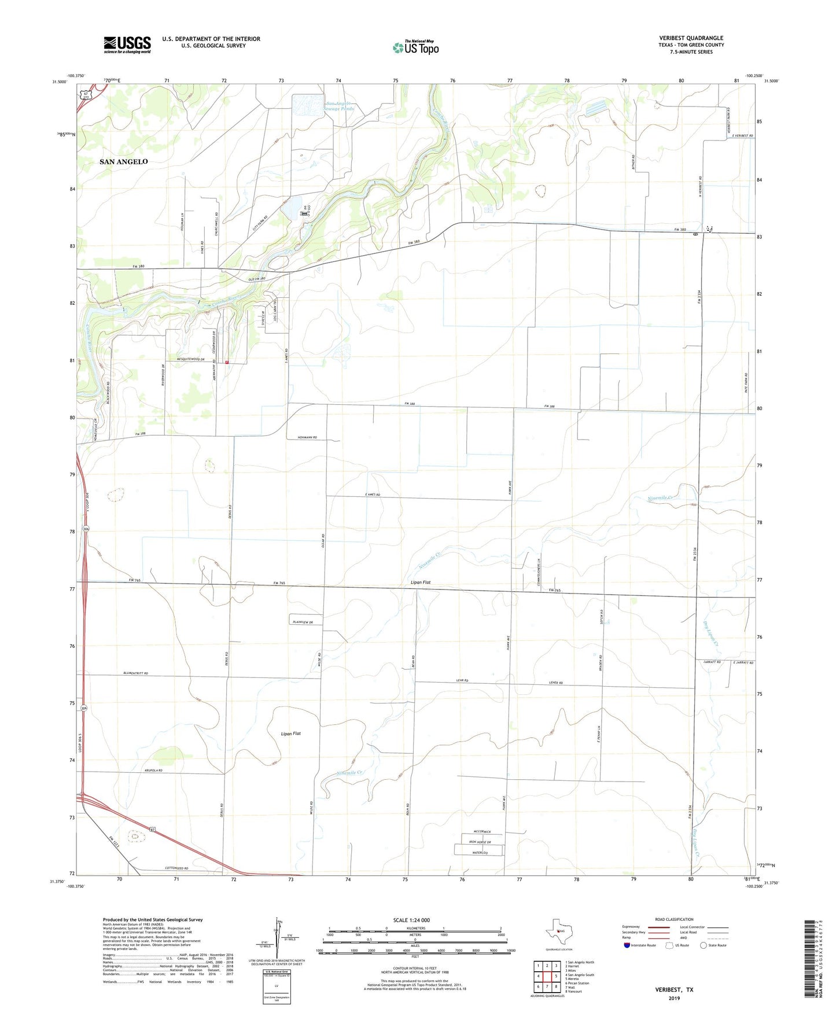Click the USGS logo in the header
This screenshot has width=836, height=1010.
127,45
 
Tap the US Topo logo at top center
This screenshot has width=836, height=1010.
415,47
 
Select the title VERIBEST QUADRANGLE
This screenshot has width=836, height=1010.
691,38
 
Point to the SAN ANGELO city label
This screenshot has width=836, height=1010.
123,162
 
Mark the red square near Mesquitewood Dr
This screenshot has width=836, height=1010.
227,363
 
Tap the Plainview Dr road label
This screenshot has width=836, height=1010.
303,622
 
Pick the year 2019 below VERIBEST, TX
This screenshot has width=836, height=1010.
674,998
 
